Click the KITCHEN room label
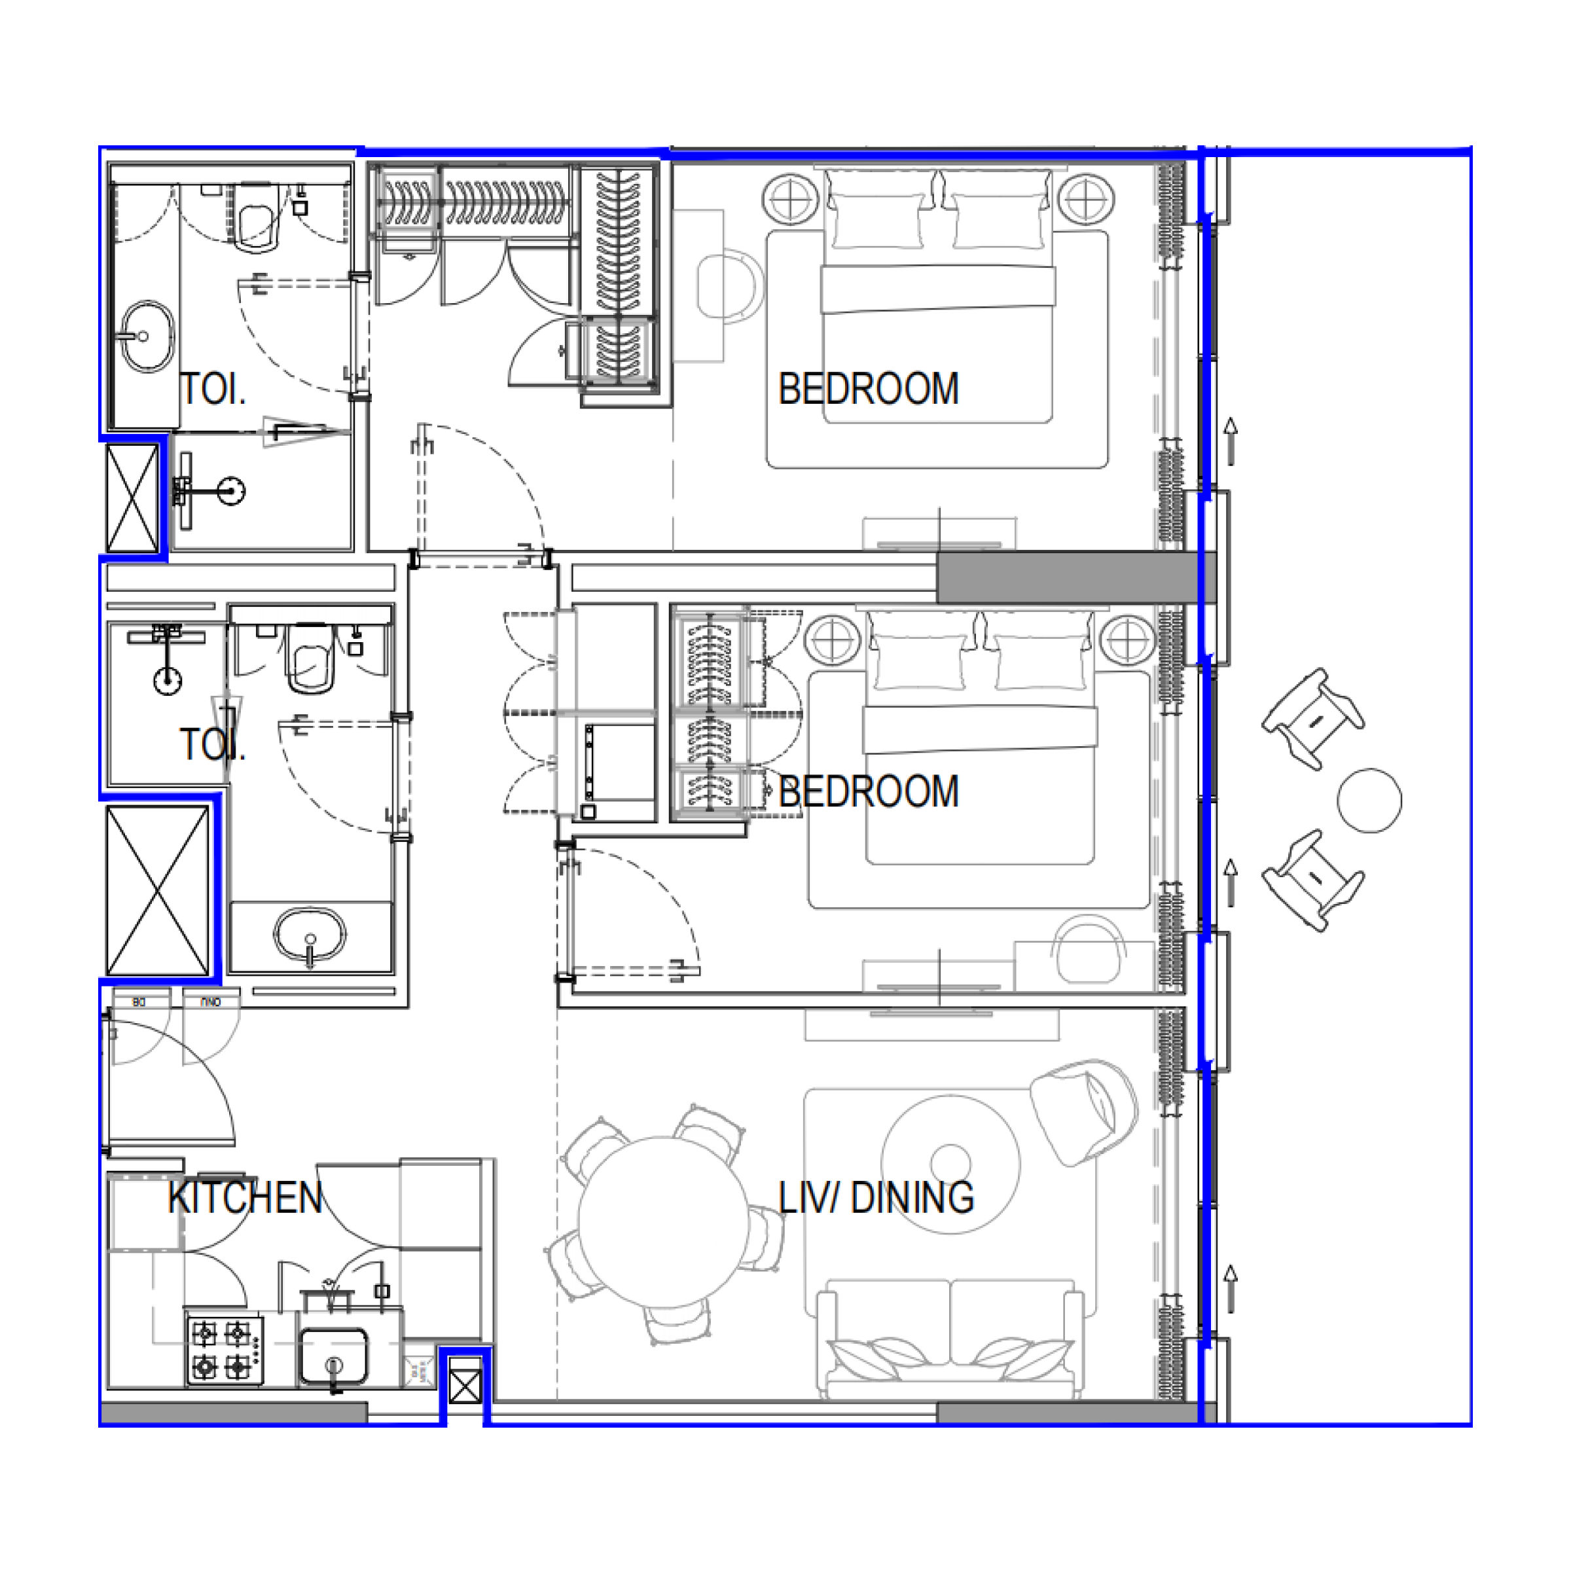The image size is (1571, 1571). point(245,1198)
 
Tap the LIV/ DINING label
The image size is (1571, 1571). point(876,1198)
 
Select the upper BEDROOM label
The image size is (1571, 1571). point(869,389)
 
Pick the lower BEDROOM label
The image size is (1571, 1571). point(869,791)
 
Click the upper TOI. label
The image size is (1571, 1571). point(212,389)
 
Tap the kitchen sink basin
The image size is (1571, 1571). point(333,1356)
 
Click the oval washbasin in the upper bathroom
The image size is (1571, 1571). point(147,336)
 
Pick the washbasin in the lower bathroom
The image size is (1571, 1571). point(310,935)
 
